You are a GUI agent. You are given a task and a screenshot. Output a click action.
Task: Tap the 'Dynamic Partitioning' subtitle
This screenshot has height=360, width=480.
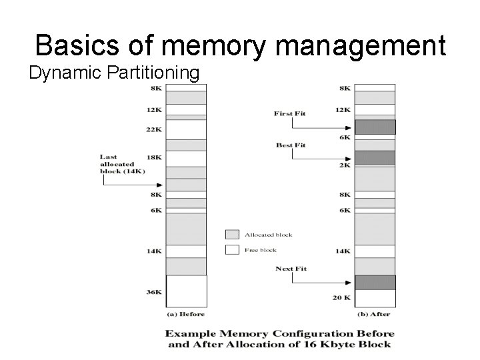[114, 72]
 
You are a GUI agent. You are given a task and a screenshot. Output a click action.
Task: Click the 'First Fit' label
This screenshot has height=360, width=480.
[289, 113]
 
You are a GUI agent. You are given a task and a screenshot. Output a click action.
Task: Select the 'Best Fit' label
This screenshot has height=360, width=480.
[290, 145]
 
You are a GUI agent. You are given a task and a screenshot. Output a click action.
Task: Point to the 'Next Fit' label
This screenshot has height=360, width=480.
[291, 269]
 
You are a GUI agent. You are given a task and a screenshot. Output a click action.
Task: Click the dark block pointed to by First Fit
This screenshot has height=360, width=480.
[375, 127]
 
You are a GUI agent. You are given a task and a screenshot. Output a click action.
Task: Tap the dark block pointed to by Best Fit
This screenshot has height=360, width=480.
[375, 158]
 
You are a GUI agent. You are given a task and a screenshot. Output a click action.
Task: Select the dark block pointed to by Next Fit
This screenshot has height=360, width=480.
[375, 282]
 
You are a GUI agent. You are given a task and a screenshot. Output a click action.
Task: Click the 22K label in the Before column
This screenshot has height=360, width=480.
[153, 129]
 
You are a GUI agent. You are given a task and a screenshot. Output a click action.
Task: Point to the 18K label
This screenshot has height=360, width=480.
[153, 158]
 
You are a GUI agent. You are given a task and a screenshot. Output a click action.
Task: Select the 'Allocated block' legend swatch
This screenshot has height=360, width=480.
[232, 235]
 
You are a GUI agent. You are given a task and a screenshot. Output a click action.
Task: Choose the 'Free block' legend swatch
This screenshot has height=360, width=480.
[232, 250]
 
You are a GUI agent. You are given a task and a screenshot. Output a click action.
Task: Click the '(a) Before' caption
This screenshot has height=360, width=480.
[185, 313]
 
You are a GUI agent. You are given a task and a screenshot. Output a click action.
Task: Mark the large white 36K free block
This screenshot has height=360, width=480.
[186, 291]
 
